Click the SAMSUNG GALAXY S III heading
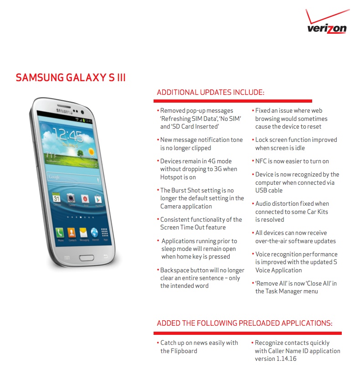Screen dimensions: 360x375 (x=71, y=78)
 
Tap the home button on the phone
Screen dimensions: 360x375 (x=87, y=258)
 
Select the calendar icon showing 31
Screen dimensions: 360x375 (x=57, y=198)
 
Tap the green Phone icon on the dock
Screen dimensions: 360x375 (x=60, y=232)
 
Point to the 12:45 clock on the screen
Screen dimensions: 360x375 (x=68, y=135)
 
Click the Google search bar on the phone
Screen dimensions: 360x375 (x=73, y=178)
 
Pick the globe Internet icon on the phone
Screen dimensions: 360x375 (x=94, y=232)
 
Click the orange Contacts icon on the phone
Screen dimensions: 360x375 (x=72, y=232)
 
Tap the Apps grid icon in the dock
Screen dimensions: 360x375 (x=104, y=232)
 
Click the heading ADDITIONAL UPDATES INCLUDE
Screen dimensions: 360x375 (x=211, y=92)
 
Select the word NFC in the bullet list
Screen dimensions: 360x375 (x=261, y=161)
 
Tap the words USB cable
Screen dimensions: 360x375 (x=269, y=190)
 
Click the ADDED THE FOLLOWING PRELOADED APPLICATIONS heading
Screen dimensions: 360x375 (x=245, y=323)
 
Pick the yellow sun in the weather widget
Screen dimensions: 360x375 (x=91, y=151)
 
